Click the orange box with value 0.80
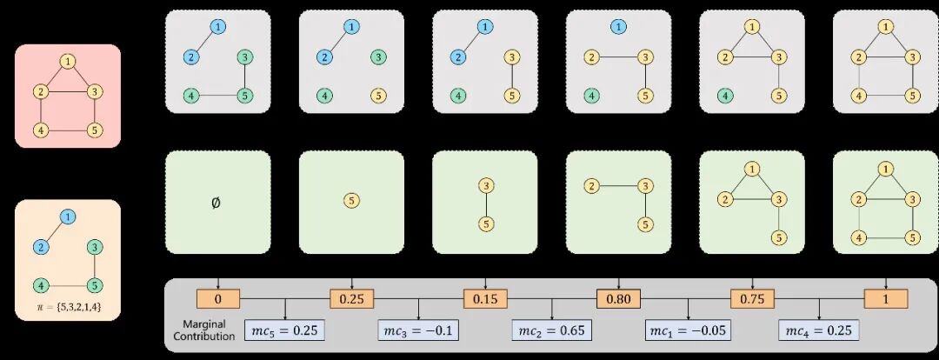[618, 299]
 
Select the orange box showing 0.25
[351, 299]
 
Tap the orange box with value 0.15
[484, 299]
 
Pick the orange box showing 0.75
[751, 299]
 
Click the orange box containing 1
[885, 299]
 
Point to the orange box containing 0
[217, 299]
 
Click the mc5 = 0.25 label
[286, 330]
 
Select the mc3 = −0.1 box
[419, 330]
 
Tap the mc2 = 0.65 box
[553, 330]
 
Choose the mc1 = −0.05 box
[688, 330]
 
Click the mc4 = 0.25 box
[819, 330]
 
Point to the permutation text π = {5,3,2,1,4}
[67, 307]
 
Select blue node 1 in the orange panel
[67, 217]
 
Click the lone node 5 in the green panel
[351, 200]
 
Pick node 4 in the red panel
[40, 130]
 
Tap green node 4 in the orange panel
[40, 284]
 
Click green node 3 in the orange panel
[94, 247]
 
